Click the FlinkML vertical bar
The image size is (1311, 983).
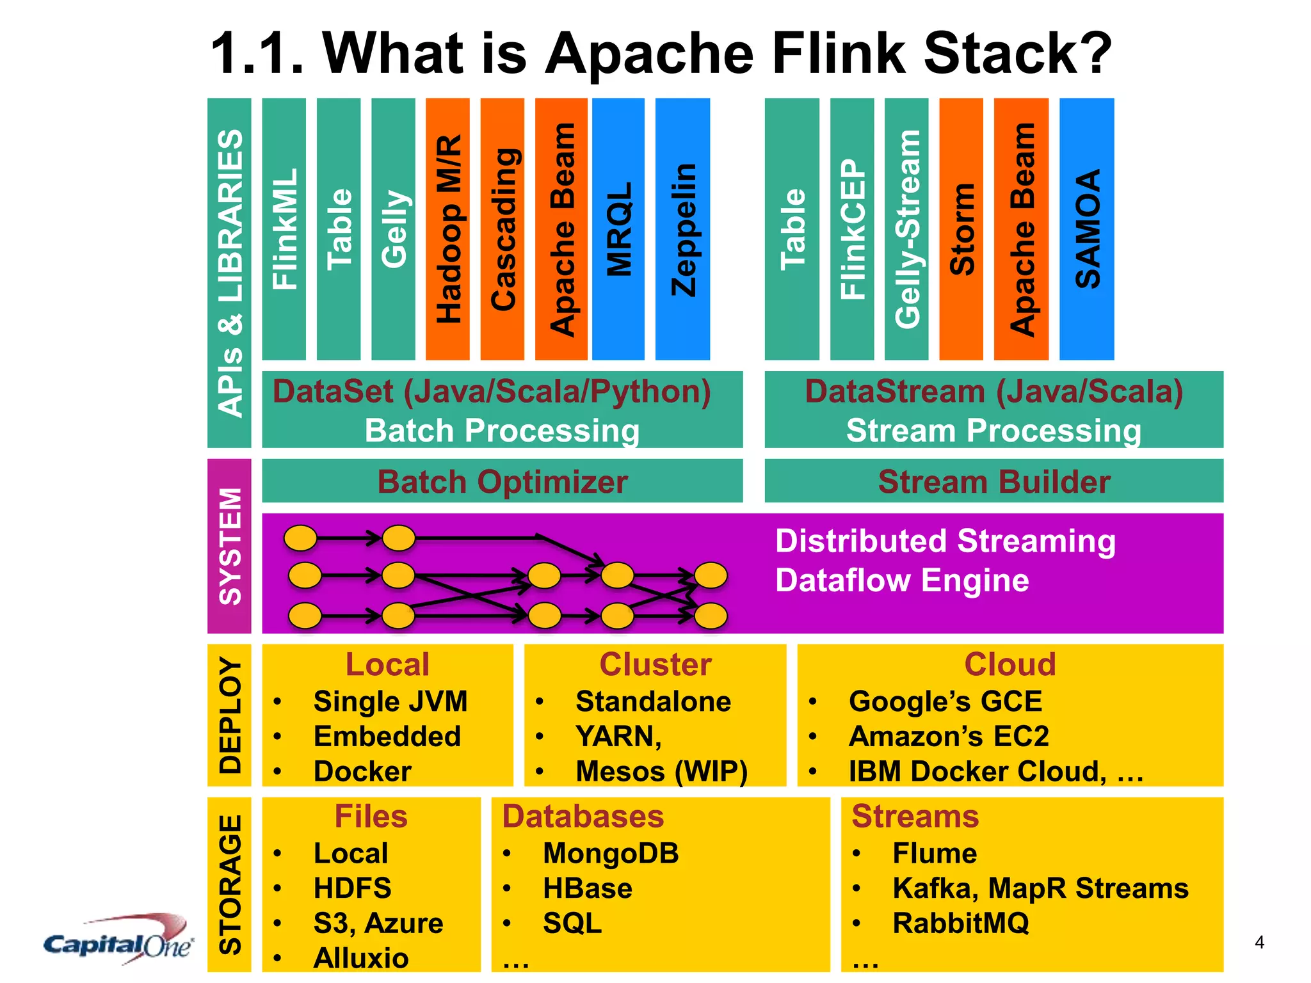tap(284, 228)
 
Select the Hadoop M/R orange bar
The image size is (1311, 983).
tap(447, 228)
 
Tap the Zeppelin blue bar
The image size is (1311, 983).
tap(682, 228)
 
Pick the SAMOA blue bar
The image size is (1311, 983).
tap(1086, 228)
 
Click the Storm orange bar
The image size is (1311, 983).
tap(961, 228)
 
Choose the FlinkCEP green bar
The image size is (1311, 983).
tap(851, 228)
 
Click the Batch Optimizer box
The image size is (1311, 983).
tap(502, 481)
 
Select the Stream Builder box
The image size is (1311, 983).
tap(993, 481)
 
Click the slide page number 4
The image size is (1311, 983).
tap(1259, 942)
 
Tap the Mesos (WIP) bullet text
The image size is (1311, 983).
tap(661, 771)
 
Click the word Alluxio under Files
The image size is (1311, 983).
tap(361, 958)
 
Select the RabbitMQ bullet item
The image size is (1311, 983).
tap(960, 923)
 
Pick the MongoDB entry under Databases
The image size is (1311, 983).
tap(611, 853)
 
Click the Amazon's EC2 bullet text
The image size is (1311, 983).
tap(949, 736)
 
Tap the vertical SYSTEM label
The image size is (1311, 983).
tap(230, 546)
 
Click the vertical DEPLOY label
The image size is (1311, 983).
tap(230, 715)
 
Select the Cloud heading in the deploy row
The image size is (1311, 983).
tap(1009, 664)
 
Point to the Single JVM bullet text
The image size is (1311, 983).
tap(390, 701)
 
